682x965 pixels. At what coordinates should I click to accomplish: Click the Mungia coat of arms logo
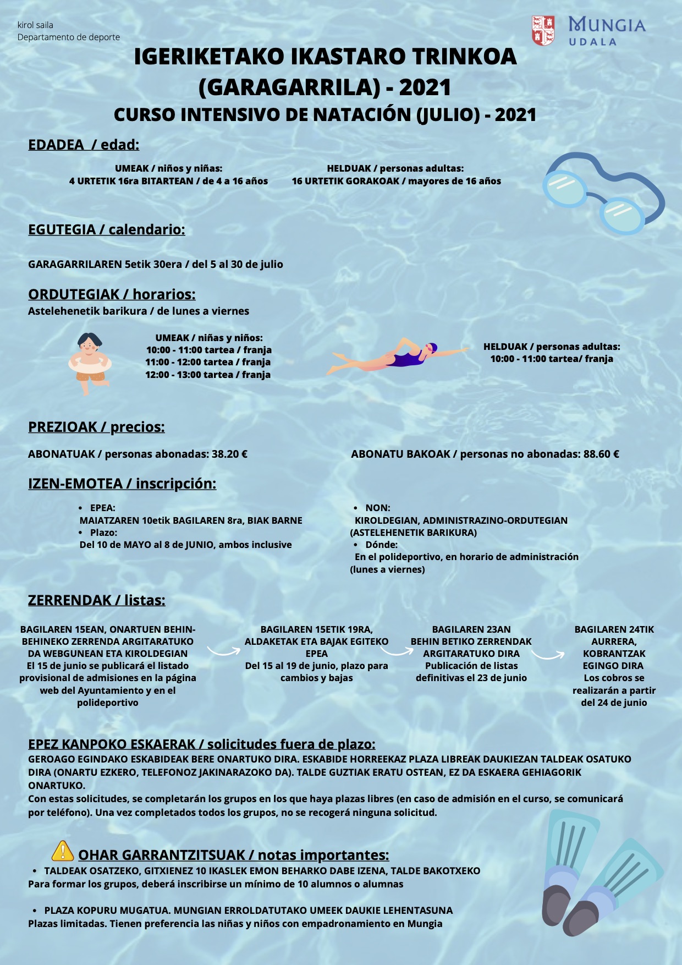[x=543, y=30]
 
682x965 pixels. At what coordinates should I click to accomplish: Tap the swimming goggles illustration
[x=602, y=193]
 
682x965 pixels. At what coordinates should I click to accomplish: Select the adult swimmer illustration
[x=396, y=357]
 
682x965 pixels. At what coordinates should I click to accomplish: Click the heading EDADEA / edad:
[x=84, y=145]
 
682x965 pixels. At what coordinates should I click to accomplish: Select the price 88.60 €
[x=601, y=454]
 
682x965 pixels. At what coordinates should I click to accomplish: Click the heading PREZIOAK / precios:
[x=96, y=427]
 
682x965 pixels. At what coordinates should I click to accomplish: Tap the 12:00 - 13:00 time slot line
[x=208, y=375]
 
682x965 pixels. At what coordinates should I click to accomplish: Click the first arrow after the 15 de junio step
[x=223, y=651]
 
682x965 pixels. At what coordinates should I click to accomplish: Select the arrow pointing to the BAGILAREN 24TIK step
[x=548, y=654]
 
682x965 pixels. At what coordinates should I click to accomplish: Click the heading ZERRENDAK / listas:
[x=96, y=600]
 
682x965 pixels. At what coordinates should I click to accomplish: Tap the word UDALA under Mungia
[x=592, y=42]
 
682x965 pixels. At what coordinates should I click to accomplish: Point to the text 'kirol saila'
[x=35, y=25]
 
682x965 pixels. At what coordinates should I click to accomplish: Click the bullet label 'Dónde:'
[x=381, y=545]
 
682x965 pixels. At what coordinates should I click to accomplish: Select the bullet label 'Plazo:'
[x=104, y=533]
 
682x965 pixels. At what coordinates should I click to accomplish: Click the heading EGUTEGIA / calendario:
[x=107, y=229]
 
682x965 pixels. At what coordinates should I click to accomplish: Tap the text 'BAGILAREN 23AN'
[x=471, y=629]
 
